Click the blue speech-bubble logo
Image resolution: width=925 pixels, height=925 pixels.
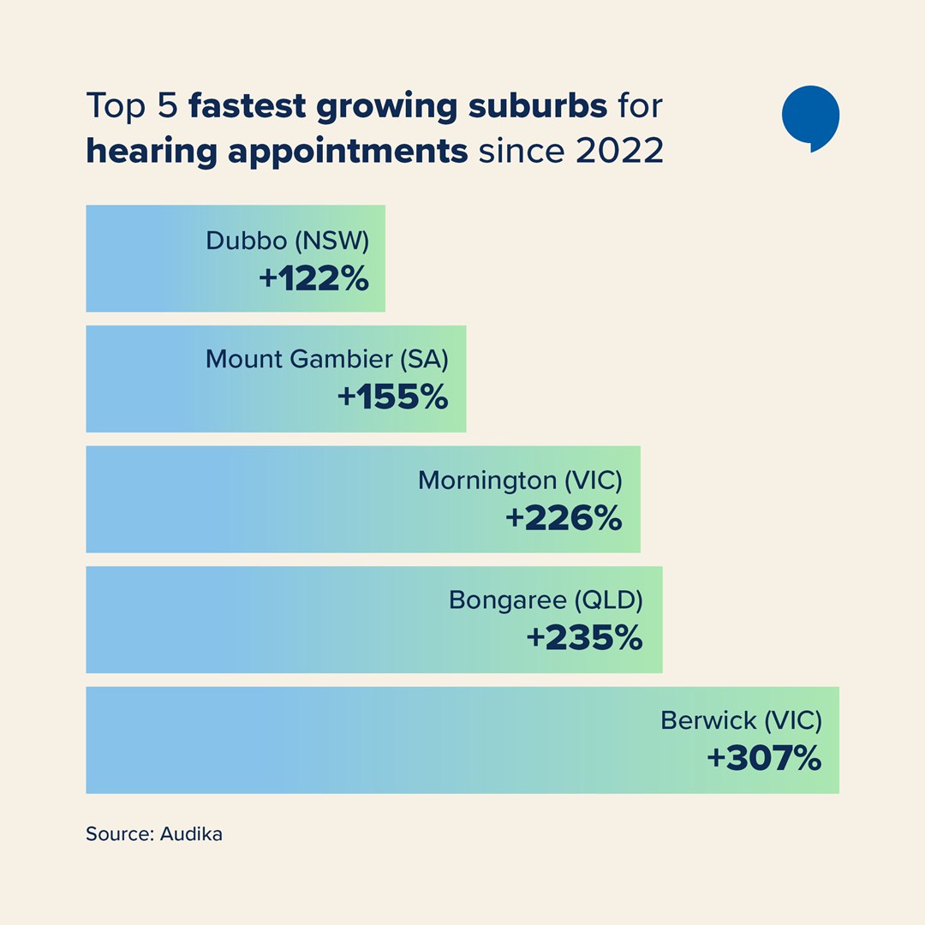pyautogui.click(x=810, y=117)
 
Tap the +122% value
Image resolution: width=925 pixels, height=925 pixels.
pyautogui.click(x=313, y=278)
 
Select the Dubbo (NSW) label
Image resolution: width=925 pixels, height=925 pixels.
pyautogui.click(x=287, y=241)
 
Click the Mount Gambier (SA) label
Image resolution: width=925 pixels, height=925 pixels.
pyautogui.click(x=326, y=360)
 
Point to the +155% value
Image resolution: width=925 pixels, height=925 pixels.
pyautogui.click(x=393, y=397)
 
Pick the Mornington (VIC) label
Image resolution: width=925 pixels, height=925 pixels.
pyautogui.click(x=520, y=480)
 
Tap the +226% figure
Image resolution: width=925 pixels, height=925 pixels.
pyautogui.click(x=564, y=518)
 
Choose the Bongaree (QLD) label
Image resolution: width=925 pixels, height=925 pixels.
pyautogui.click(x=546, y=600)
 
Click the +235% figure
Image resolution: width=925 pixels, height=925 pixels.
pyautogui.click(x=584, y=638)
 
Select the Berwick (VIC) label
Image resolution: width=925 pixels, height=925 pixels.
pyautogui.click(x=741, y=721)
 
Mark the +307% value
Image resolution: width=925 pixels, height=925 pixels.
pyautogui.click(x=764, y=759)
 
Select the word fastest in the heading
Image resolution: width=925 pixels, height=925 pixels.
pyautogui.click(x=247, y=107)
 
